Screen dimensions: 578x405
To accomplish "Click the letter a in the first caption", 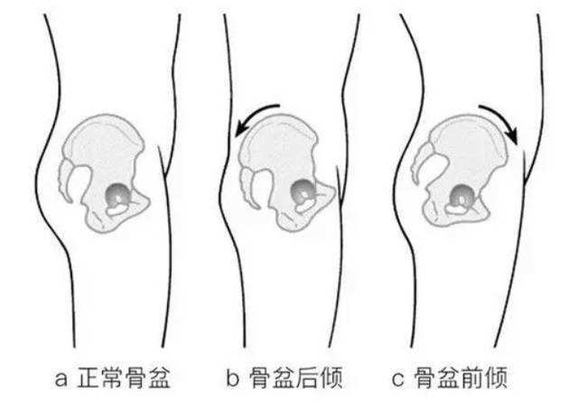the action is point(61,379).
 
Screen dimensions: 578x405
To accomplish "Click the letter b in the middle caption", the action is point(232,377).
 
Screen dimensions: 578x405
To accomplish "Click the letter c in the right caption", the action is point(398,379).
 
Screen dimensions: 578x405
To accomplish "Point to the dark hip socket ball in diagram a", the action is point(118,194).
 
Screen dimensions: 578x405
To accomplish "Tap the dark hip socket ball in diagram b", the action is point(303,191).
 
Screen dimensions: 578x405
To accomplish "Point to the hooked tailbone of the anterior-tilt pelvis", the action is point(421,162).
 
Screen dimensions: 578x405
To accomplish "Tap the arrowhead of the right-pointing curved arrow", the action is point(512,137).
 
